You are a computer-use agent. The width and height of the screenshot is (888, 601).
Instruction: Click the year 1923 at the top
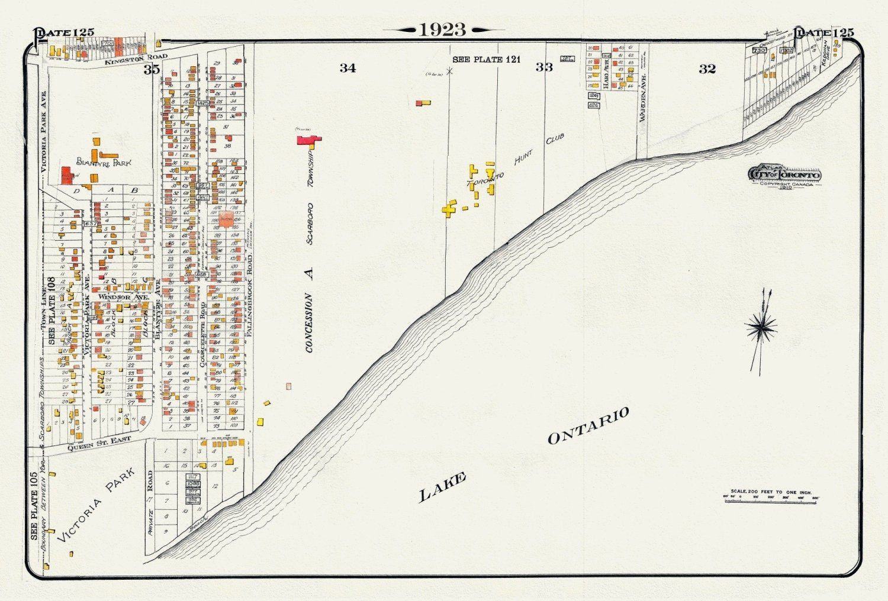(443, 30)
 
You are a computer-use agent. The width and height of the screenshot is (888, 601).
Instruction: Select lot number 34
(348, 68)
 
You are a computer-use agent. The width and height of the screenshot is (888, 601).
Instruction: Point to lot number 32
(707, 69)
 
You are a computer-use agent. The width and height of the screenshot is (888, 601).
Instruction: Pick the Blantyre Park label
(104, 162)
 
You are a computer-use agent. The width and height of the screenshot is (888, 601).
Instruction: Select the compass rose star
(761, 327)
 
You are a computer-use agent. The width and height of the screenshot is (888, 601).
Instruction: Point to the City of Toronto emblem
(785, 175)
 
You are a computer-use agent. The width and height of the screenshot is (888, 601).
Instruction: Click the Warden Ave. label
(642, 98)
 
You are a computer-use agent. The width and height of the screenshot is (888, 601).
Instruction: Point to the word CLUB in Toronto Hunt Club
(555, 139)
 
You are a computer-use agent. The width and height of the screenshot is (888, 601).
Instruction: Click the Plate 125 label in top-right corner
(824, 33)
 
